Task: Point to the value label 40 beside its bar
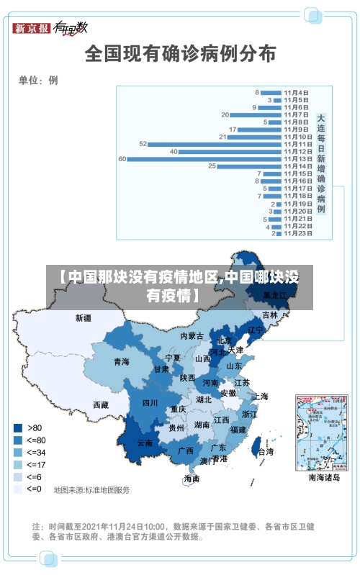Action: [x=174, y=151]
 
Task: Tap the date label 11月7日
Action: [x=297, y=114]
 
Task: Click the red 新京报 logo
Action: [x=32, y=28]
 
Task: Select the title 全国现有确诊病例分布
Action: [x=180, y=53]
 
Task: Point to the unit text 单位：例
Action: [x=38, y=80]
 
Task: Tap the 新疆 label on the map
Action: [x=84, y=317]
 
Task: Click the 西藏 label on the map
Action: [x=102, y=404]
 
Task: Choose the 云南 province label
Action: [x=145, y=443]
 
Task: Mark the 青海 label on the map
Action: [x=121, y=361]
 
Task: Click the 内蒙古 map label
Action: [x=192, y=336]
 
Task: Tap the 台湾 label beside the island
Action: [x=266, y=452]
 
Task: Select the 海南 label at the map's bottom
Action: [x=192, y=479]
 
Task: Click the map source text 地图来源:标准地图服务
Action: [x=92, y=490]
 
